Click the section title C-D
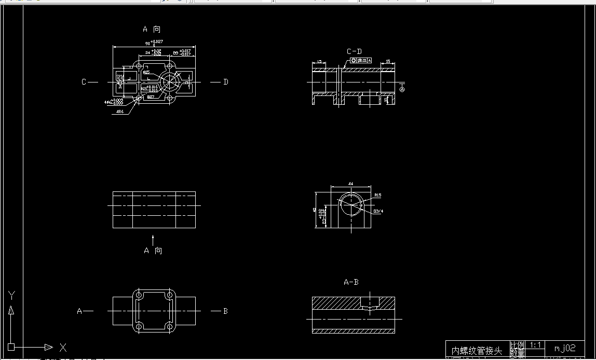tap(354, 51)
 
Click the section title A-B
tap(351, 282)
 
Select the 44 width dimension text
tap(351, 184)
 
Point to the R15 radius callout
tap(377, 196)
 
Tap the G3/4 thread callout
tap(378, 212)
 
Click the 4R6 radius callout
tap(119, 112)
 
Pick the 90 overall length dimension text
tap(147, 44)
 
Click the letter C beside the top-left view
tap(84, 82)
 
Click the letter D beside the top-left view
tap(226, 82)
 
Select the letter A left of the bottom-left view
tap(79, 311)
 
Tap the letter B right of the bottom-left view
tap(225, 311)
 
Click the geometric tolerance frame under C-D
tap(361, 61)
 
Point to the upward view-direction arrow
tap(153, 240)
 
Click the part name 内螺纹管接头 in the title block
tap(477, 351)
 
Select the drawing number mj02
tap(565, 348)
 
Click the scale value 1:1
tap(535, 345)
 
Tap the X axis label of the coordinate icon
tap(63, 347)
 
